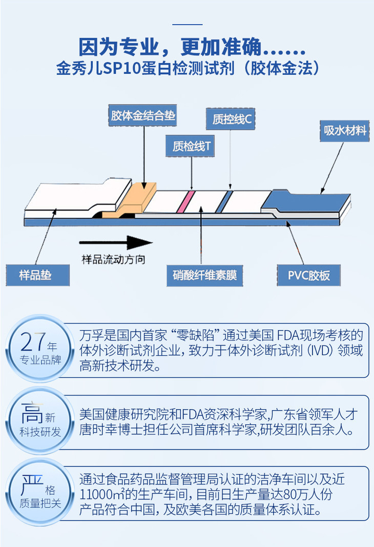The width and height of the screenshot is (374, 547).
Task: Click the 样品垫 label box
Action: (37, 275)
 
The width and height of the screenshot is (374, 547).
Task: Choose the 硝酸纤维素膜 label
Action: (204, 275)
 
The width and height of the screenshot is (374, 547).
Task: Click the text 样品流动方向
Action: (113, 259)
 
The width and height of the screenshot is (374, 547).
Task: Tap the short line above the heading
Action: (187, 24)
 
